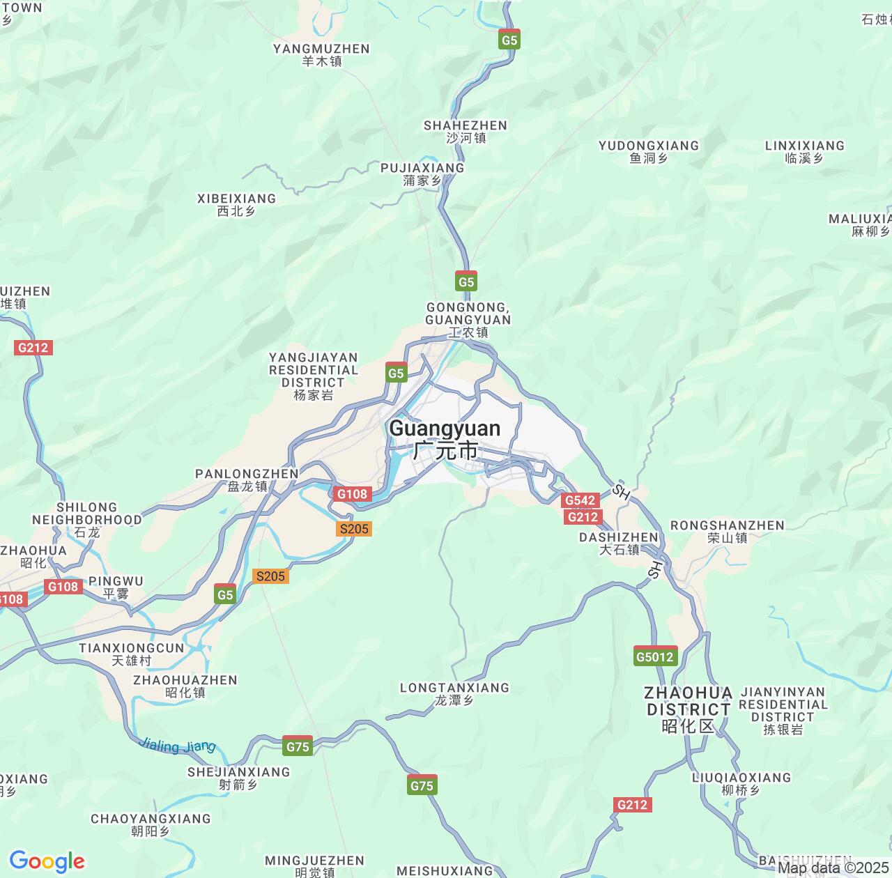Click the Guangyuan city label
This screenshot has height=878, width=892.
[x=445, y=439]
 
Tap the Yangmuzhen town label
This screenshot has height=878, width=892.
[x=321, y=54]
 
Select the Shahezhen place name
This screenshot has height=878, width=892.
[x=466, y=131]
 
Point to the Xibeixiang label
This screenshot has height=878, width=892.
[x=236, y=204]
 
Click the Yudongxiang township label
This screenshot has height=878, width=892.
[x=649, y=151]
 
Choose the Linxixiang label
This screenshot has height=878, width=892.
[x=804, y=151]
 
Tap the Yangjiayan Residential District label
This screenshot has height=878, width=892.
[x=314, y=376]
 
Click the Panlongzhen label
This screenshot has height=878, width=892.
[x=247, y=479]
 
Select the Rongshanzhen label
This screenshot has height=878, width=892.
[x=727, y=531]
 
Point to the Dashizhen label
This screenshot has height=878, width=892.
[x=619, y=543]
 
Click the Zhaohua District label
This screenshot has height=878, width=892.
[x=688, y=709]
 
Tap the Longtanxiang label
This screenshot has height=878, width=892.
[x=454, y=693]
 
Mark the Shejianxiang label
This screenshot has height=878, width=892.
[x=238, y=778]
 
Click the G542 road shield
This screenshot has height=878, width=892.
[x=580, y=500]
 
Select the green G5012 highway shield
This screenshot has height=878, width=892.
[x=656, y=656]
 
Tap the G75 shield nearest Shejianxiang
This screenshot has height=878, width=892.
[x=298, y=746]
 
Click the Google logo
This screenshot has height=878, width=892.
[x=47, y=861]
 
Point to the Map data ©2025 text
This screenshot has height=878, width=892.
[x=833, y=868]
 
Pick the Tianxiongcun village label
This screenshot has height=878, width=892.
[x=132, y=654]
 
